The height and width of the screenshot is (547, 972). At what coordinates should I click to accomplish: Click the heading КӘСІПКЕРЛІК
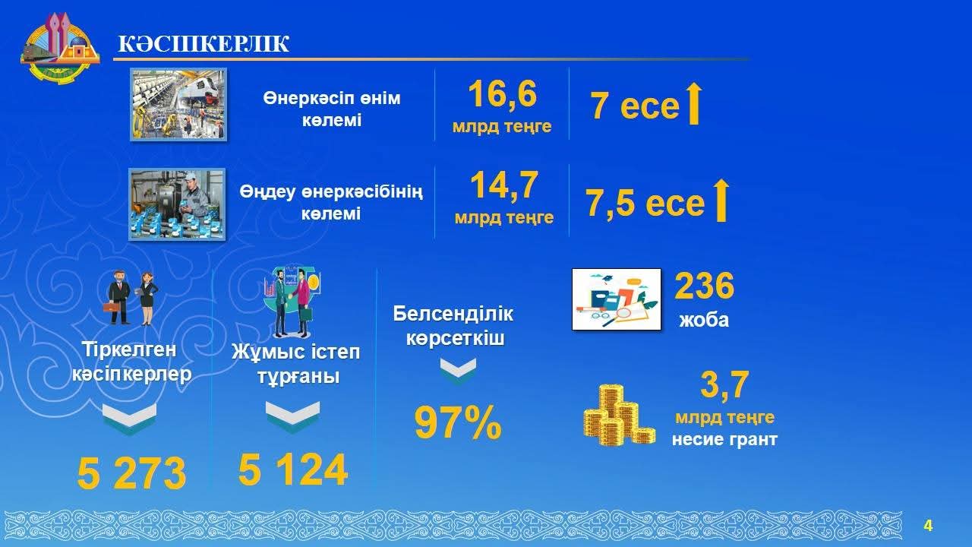tap(204, 44)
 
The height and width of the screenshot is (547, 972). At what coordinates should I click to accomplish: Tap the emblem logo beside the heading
tap(60, 48)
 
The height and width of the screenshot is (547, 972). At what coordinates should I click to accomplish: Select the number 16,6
tap(502, 94)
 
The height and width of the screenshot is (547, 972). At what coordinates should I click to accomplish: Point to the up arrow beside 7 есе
tap(694, 104)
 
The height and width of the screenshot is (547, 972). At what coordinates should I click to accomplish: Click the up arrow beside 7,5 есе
tap(721, 200)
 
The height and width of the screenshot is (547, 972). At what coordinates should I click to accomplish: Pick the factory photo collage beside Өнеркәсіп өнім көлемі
tap(178, 104)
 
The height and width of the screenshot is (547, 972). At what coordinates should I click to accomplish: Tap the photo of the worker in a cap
tap(177, 204)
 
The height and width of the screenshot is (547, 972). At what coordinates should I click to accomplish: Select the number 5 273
tap(131, 473)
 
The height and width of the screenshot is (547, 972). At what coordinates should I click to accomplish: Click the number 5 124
tap(293, 470)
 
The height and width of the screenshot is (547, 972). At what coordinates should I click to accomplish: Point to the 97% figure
tap(458, 423)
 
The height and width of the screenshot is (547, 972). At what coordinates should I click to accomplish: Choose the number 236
tap(704, 286)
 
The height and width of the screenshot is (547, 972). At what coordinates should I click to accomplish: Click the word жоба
tap(704, 320)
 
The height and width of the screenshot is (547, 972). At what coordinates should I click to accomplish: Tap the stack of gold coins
tap(619, 416)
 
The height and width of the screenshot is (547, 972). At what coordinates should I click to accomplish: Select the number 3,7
tap(724, 385)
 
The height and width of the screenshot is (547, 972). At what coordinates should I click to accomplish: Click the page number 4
tap(928, 526)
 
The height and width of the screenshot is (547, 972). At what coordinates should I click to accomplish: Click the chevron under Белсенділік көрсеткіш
tap(458, 372)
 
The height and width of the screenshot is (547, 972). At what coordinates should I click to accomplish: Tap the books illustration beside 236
tap(617, 299)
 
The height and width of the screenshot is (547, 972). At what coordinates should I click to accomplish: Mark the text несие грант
tap(724, 439)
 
